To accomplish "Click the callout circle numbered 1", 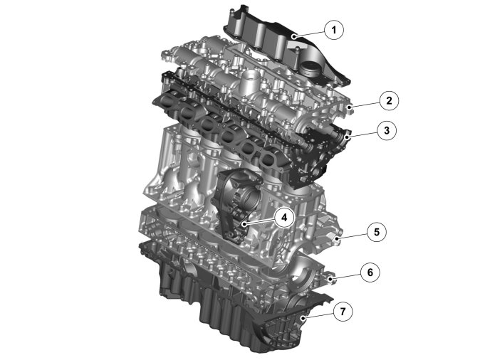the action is (334, 30).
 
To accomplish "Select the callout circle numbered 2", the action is (389, 100).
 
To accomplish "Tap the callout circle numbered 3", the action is (387, 130).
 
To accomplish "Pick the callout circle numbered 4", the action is (284, 218).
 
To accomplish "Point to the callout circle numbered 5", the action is (377, 232).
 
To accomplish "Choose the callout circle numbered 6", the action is (370, 272).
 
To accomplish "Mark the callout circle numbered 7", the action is (343, 312).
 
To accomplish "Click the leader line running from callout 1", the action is (309, 34).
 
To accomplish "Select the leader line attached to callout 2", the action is (365, 105).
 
